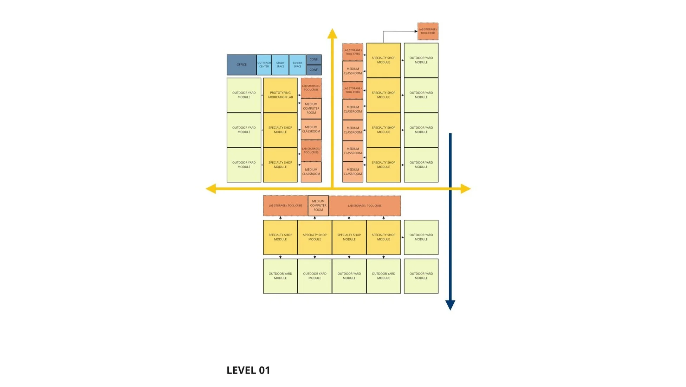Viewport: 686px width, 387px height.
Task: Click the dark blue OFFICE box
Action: pos(241,65)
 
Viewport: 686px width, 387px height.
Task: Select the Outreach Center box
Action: pos(264,65)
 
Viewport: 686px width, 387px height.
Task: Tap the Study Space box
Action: pos(280,65)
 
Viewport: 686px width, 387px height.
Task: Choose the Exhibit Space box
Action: pos(297,65)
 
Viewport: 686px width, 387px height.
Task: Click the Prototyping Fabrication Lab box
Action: pos(280,95)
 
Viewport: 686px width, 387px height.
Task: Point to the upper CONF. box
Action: pos(314,59)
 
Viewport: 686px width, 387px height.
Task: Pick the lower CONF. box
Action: pos(314,70)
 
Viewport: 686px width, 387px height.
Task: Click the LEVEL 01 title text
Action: pos(248,370)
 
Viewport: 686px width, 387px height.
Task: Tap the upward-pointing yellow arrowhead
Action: pos(332,34)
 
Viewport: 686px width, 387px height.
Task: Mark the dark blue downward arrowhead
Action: pos(450,305)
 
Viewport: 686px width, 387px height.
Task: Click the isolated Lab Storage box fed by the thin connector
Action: pos(428,31)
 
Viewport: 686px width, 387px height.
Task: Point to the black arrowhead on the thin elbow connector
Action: pos(416,31)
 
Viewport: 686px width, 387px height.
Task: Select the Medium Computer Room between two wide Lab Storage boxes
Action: pos(318,206)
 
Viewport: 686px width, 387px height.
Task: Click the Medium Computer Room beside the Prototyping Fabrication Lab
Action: pos(311,108)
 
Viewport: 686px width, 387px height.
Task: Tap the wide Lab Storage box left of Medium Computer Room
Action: pos(285,206)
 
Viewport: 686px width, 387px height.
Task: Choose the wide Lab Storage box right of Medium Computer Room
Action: pos(364,206)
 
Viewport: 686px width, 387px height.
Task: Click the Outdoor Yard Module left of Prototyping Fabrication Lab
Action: pos(244,95)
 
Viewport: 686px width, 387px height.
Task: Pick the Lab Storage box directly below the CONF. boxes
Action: pos(311,88)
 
